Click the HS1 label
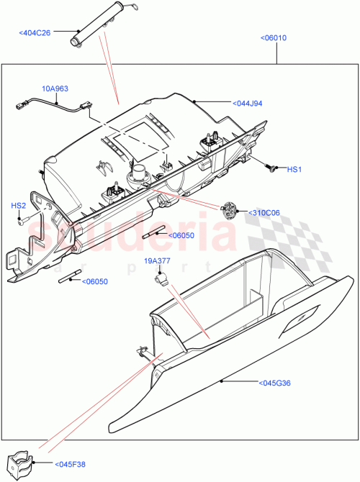coord(294,170)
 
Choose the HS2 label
coord(18,206)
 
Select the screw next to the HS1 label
coord(271,168)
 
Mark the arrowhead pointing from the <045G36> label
coord(222,378)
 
